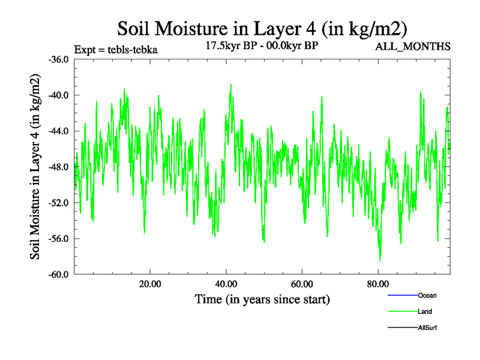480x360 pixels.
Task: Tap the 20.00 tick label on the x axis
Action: pos(150,284)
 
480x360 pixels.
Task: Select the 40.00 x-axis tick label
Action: pos(226,284)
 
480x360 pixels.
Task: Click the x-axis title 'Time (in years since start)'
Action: pos(262,299)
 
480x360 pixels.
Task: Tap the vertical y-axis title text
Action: pos(35,166)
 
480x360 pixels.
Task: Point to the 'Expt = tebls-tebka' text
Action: pos(115,50)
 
